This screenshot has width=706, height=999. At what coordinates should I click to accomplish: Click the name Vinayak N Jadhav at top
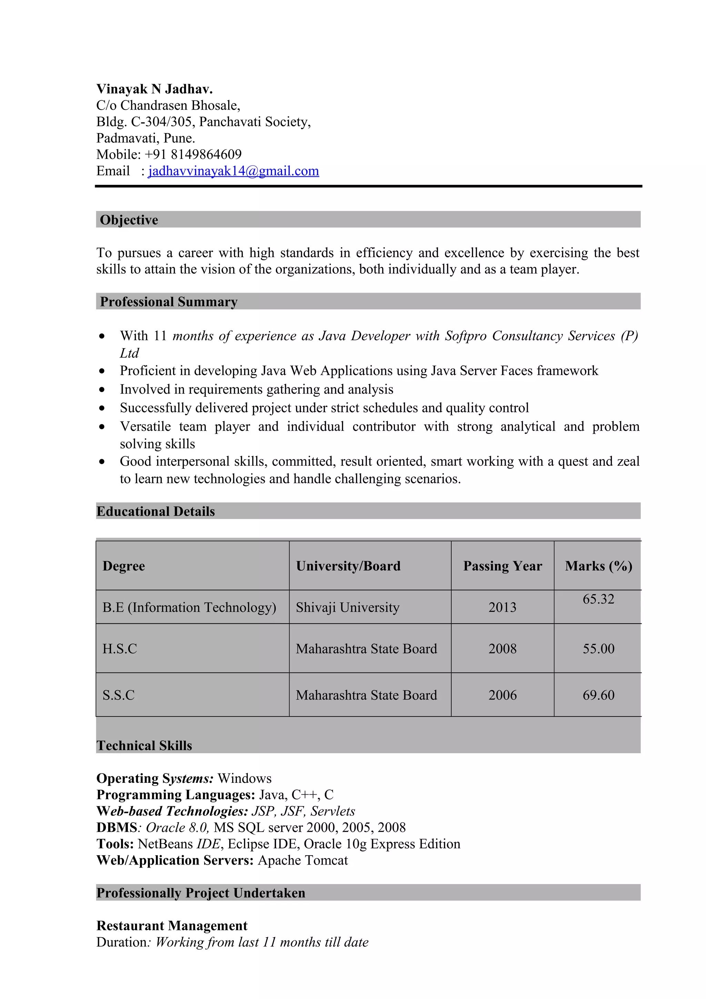[x=154, y=89]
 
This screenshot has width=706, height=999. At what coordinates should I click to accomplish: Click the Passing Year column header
[x=502, y=566]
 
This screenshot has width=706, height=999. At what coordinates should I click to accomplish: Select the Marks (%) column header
[x=598, y=566]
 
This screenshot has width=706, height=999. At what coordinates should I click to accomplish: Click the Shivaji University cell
[x=347, y=607]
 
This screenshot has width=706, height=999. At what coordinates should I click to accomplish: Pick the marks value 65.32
[x=598, y=599]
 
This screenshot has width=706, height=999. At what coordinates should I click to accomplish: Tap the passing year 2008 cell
[x=502, y=649]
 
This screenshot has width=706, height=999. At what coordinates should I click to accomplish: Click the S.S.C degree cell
[x=118, y=695]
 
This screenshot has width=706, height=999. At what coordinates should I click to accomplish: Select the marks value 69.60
[x=598, y=695]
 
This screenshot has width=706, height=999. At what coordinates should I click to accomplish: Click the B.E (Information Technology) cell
[x=189, y=607]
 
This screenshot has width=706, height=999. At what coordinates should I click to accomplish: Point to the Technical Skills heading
[x=144, y=745]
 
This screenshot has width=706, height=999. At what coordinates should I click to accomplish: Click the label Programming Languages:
[x=176, y=795]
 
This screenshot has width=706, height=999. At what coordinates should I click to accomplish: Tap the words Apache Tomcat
[x=303, y=860]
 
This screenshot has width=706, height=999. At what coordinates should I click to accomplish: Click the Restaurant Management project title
[x=172, y=926]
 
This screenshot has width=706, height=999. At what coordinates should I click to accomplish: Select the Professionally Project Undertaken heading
[x=201, y=893]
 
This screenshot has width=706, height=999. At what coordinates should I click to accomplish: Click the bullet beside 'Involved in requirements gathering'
[x=102, y=390]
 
